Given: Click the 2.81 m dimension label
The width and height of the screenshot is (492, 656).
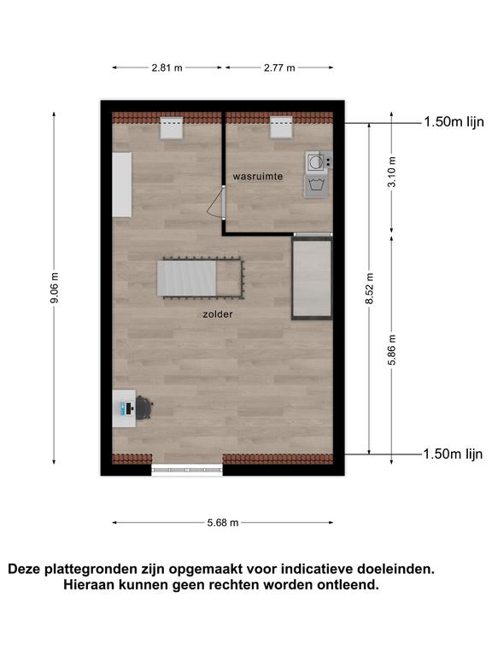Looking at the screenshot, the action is click(167, 67).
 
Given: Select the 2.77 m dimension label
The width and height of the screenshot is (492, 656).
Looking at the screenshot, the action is click(279, 67).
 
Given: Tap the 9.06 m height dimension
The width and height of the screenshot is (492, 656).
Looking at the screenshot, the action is click(55, 287).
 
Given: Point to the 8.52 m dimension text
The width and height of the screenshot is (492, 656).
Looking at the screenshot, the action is click(369, 289).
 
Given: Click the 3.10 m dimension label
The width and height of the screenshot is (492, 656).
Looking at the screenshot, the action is click(392, 172).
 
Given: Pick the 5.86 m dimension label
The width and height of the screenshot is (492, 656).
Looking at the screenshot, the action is click(392, 349).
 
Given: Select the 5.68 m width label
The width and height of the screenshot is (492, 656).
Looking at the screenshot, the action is click(223, 523).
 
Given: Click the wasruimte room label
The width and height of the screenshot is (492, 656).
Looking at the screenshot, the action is click(258, 177).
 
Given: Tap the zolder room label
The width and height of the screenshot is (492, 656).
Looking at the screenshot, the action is click(218, 314).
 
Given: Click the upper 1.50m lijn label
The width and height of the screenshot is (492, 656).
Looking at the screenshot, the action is click(454, 122).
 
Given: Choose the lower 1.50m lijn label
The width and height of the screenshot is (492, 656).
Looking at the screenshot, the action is click(453, 454).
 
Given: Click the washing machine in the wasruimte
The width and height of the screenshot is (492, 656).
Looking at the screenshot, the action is click(319, 161).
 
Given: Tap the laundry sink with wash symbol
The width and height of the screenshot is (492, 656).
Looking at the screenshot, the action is click(317, 185).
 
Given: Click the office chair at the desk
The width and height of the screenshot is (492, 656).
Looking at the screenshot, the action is click(143, 407).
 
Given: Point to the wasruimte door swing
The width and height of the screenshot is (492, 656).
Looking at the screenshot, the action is click(216, 203).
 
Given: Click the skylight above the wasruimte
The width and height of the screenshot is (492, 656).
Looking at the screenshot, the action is click(281, 127).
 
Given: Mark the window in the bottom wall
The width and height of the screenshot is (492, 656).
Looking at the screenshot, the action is click(187, 471).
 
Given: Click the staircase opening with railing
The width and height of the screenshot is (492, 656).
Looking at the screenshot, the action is click(201, 278).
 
